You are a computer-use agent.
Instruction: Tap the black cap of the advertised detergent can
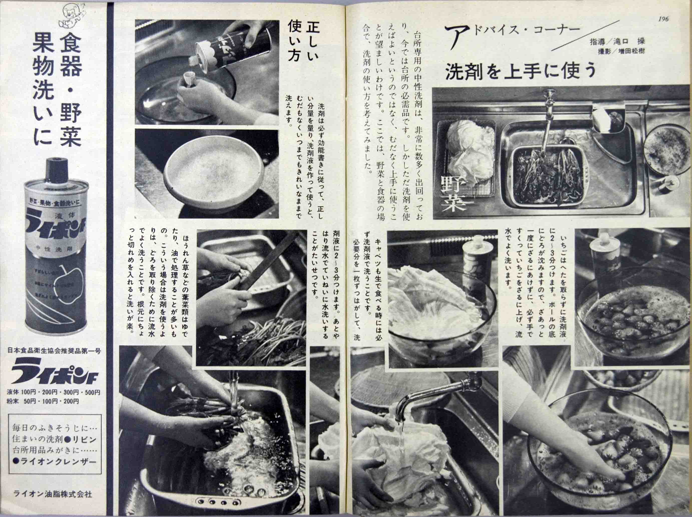55,169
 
